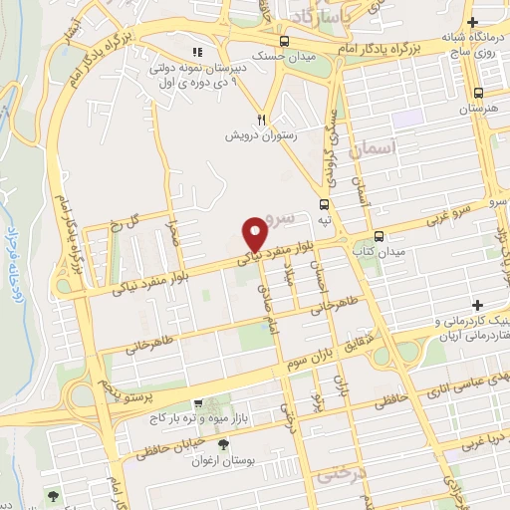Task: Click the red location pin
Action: [x=256, y=232]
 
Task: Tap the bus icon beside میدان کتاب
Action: [x=379, y=237]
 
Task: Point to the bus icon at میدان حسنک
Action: [x=286, y=41]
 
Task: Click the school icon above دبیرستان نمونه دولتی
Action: [x=196, y=52]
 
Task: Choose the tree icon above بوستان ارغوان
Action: [x=222, y=444]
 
